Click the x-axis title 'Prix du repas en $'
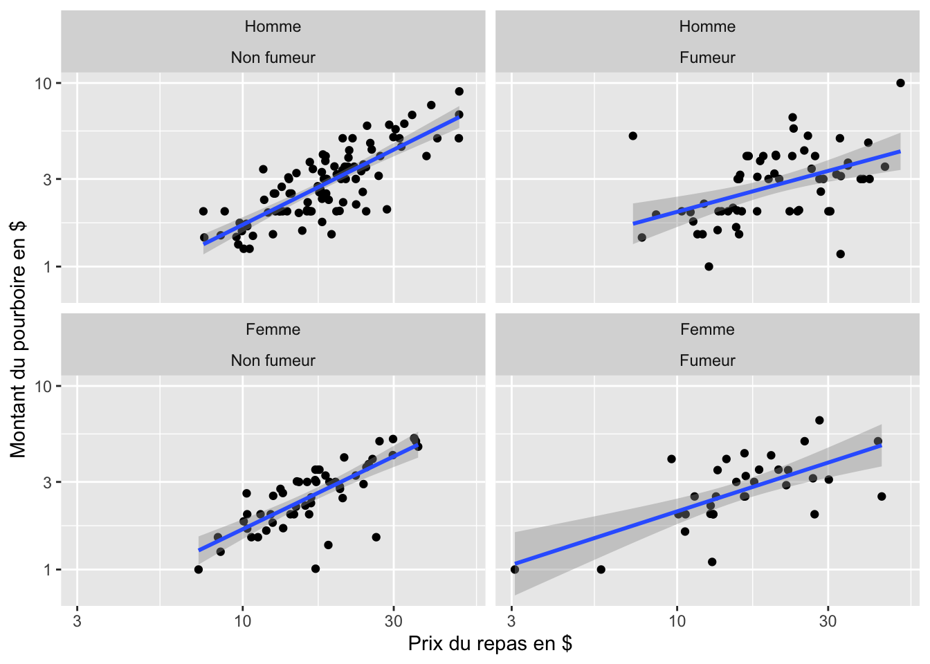[490, 644]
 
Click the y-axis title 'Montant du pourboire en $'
[18, 339]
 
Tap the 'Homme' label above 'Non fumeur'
[273, 27]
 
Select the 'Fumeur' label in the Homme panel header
[707, 58]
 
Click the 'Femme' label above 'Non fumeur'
[273, 330]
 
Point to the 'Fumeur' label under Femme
[707, 361]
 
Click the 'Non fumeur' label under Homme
[273, 58]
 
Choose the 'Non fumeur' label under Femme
[273, 361]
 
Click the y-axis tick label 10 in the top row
[43, 84]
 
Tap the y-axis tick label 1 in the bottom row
[48, 570]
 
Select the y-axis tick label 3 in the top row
[48, 179]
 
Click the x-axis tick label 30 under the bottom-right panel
[828, 621]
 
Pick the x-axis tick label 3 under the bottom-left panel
[77, 621]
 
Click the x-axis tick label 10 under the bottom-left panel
[242, 621]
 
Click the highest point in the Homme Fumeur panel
[900, 83]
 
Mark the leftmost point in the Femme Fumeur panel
[514, 569]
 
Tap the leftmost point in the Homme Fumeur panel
[632, 136]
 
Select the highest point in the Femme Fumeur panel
[819, 420]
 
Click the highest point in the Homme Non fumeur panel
[459, 91]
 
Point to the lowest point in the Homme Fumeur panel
[709, 266]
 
